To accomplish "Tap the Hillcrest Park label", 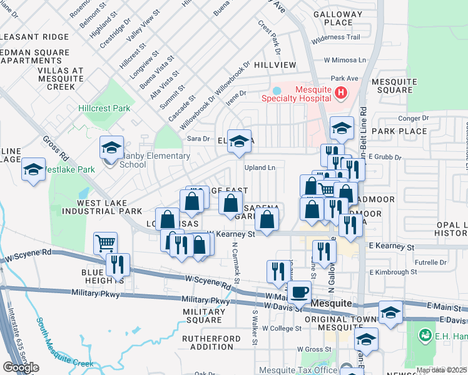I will (104, 108).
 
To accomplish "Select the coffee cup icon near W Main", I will (298, 291).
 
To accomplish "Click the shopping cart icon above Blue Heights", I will (106, 242).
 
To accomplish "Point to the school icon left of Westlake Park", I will (34, 169).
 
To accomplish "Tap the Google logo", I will (21, 367).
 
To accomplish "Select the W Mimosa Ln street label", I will (345, 61).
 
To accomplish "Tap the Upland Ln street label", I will (260, 167).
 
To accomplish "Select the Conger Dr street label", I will (412, 117).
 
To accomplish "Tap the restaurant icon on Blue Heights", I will (118, 264).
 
